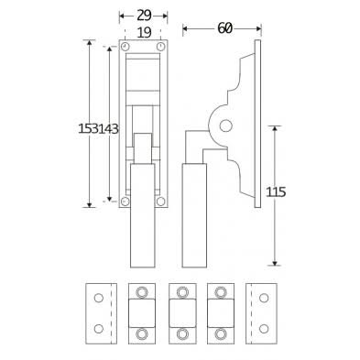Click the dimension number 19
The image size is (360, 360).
pyautogui.click(x=143, y=32)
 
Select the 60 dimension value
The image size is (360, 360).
pyautogui.click(x=224, y=28)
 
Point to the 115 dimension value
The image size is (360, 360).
pyautogui.click(x=276, y=191)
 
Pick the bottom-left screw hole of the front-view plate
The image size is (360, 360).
pyautogui.click(x=125, y=201)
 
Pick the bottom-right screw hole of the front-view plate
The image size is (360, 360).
pyautogui.click(x=160, y=201)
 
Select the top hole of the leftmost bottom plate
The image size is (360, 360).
pyautogui.click(x=97, y=299)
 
